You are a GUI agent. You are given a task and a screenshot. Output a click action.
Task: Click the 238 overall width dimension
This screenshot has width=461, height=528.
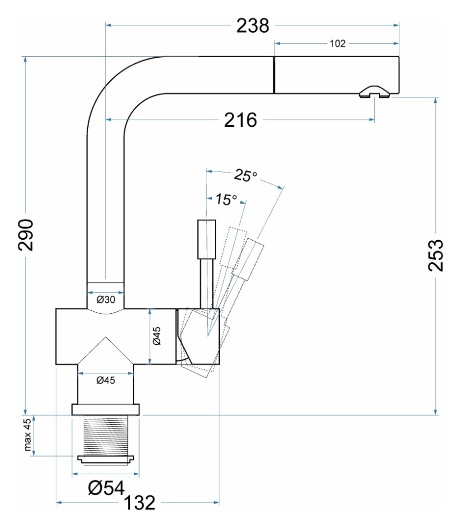pyautogui.click(x=253, y=25)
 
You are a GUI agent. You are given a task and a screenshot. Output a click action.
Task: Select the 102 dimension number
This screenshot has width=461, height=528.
pyautogui.click(x=338, y=44)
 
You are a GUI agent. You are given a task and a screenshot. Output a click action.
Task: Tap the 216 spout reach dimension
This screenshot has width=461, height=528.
pyautogui.click(x=241, y=120)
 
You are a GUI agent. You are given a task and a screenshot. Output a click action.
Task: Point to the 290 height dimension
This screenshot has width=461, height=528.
pyautogui.click(x=26, y=235)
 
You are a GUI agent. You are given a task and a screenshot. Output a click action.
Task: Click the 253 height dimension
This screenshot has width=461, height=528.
pyautogui.click(x=436, y=255)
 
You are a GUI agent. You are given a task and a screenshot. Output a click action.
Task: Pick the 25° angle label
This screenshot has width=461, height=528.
pyautogui.click(x=245, y=175)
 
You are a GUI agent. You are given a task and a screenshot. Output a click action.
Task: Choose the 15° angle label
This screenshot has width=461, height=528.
pyautogui.click(x=226, y=199)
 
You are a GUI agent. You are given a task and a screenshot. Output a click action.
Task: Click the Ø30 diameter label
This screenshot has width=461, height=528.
pyautogui.click(x=106, y=299)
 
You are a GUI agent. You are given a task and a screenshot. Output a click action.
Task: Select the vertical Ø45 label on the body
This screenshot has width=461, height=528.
pyautogui.click(x=157, y=336)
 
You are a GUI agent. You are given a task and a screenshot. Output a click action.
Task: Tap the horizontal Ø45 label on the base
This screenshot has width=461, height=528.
pyautogui.click(x=106, y=380)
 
